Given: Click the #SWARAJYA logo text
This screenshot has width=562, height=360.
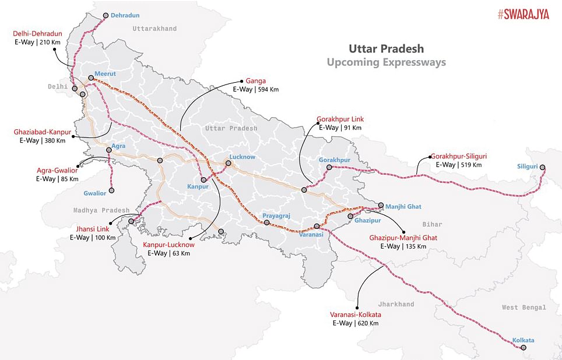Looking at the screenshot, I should (x=523, y=15).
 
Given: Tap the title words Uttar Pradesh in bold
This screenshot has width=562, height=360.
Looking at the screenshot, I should (x=386, y=48).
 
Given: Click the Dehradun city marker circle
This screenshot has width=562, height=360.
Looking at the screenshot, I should (x=106, y=16).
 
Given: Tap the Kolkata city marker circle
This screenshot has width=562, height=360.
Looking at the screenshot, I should (x=523, y=348).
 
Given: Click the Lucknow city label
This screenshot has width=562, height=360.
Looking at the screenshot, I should (x=242, y=157).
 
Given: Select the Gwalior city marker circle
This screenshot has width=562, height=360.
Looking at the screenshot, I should (x=111, y=190).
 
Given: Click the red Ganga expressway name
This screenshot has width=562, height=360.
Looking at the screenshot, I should (x=256, y=81).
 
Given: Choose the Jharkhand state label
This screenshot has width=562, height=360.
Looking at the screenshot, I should (x=395, y=304).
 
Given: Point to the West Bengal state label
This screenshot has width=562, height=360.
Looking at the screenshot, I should (x=524, y=307).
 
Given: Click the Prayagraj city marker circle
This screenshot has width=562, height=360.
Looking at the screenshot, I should (x=266, y=223).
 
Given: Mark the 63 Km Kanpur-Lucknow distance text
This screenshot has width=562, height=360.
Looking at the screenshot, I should (x=181, y=253).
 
